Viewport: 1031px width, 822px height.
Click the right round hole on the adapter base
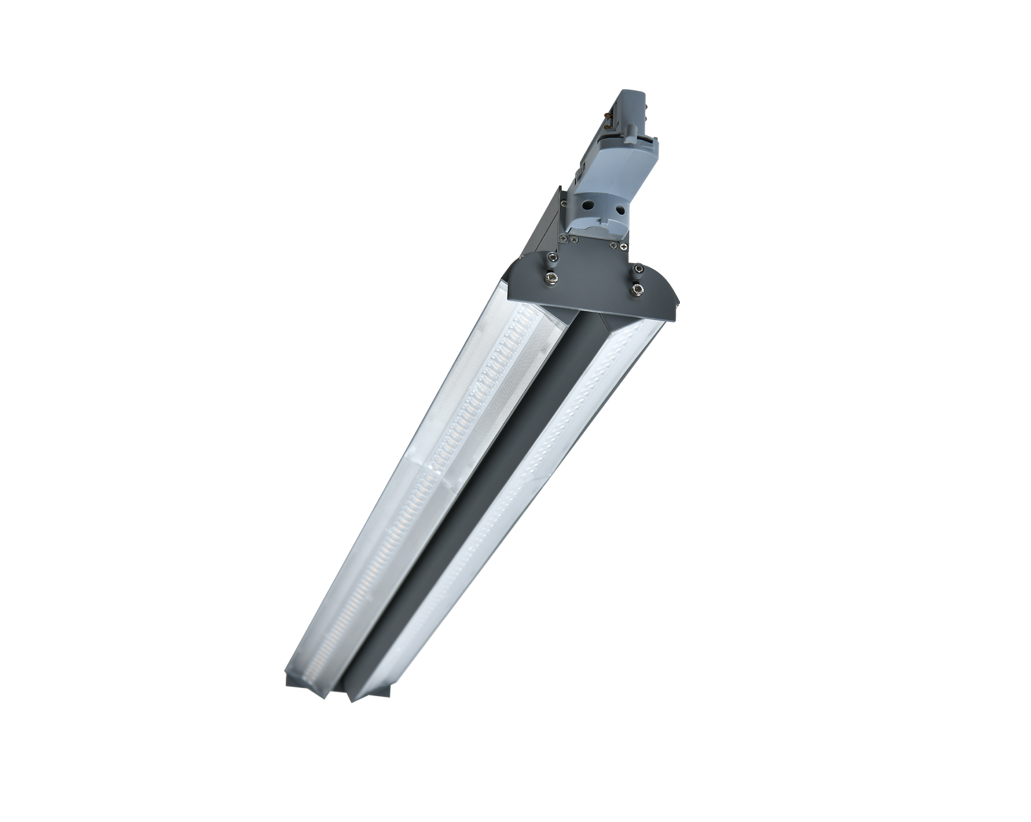[620, 209]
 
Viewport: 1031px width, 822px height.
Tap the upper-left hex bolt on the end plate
[553, 257]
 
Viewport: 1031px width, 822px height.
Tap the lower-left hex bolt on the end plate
[552, 278]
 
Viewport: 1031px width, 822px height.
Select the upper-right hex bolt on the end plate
[639, 269]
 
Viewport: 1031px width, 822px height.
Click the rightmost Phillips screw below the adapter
[624, 247]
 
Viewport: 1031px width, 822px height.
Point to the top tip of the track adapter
[633, 93]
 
